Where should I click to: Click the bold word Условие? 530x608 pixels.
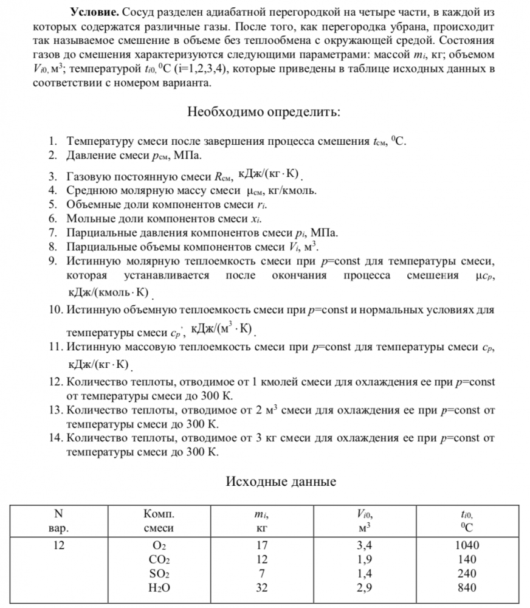(x=92, y=13)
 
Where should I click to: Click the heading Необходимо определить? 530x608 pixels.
(x=264, y=112)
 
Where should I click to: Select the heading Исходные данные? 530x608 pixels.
(x=281, y=482)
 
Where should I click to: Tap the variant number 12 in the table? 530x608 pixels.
(x=58, y=545)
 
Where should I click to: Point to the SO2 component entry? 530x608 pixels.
(x=159, y=574)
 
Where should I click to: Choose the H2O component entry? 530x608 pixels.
(x=159, y=588)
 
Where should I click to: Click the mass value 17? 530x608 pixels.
(x=263, y=545)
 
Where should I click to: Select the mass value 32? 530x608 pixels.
(x=263, y=587)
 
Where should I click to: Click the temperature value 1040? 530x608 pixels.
(x=467, y=545)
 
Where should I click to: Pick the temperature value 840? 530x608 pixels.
(x=467, y=587)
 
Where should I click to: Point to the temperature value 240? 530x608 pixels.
(x=467, y=573)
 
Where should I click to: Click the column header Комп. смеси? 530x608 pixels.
(x=159, y=520)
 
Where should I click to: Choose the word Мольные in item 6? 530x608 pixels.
(x=90, y=218)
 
